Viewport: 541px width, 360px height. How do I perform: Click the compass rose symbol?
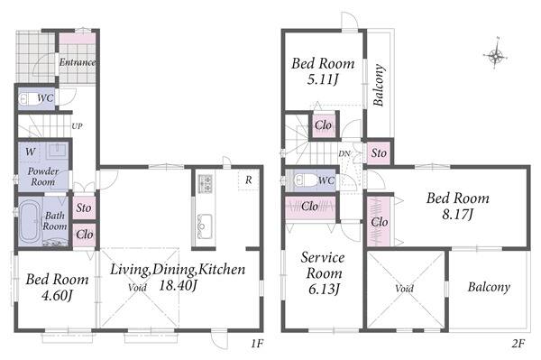[496, 54]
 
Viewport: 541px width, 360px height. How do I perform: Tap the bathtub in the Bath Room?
[30, 222]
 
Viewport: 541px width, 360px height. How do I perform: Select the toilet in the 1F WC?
[27, 99]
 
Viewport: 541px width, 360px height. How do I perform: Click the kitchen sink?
[204, 226]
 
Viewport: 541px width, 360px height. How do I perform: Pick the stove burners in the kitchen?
[205, 184]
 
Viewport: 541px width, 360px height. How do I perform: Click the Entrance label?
[78, 62]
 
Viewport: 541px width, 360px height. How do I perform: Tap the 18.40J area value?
[178, 285]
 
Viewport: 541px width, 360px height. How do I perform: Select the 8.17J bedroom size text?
[457, 215]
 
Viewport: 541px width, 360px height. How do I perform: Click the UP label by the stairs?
[77, 126]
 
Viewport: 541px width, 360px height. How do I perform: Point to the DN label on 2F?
[344, 154]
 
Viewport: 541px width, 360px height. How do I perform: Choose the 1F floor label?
[257, 344]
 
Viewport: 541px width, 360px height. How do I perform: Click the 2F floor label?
[518, 344]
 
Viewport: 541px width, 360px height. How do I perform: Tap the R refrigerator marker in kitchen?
[249, 180]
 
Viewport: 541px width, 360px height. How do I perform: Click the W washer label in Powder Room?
[31, 152]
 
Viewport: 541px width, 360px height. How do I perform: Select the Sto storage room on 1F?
[84, 208]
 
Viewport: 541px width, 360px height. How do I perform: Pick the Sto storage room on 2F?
[379, 152]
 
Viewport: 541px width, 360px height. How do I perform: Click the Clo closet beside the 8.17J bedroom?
[379, 222]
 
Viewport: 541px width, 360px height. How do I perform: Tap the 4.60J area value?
[57, 295]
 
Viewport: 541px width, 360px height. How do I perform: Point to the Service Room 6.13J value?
[324, 289]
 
